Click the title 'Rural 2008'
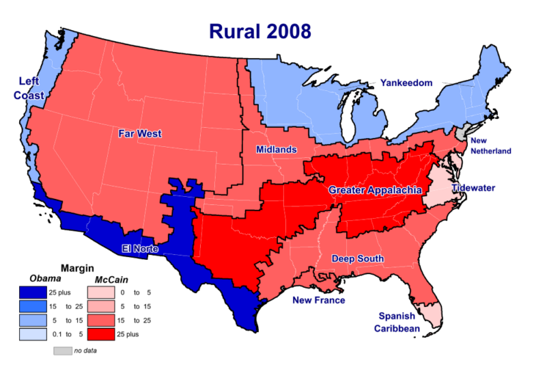point(260,31)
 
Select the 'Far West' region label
point(140,134)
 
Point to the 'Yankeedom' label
point(406,84)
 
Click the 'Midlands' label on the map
point(276,150)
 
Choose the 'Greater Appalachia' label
point(375,190)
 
